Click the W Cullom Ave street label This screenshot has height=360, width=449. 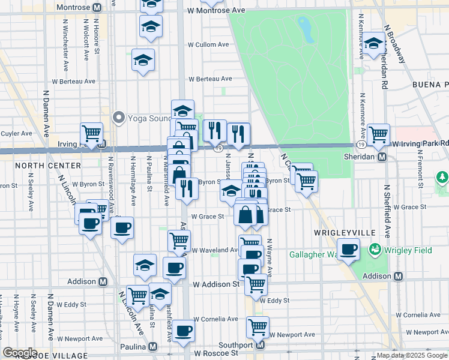(x=208, y=44)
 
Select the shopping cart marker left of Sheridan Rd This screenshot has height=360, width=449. (x=378, y=134)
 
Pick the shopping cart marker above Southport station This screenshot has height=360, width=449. (x=258, y=328)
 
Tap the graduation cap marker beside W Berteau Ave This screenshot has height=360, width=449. (x=143, y=61)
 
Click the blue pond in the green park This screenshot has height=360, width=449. (x=306, y=29)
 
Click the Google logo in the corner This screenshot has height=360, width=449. (x=20, y=353)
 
